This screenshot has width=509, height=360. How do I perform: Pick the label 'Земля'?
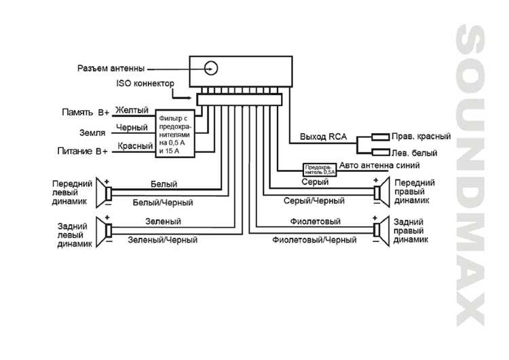pyautogui.click(x=92, y=132)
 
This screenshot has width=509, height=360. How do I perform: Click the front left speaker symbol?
pyautogui.click(x=106, y=192)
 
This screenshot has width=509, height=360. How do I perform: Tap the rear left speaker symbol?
pyautogui.click(x=106, y=230)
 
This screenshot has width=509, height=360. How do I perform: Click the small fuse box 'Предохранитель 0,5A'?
pyautogui.click(x=319, y=168)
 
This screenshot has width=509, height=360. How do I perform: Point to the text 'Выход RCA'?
pyautogui.click(x=324, y=137)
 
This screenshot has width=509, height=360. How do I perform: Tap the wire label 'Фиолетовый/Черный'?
pyautogui.click(x=314, y=240)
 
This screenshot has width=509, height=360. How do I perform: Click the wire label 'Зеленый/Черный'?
pyautogui.click(x=163, y=240)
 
